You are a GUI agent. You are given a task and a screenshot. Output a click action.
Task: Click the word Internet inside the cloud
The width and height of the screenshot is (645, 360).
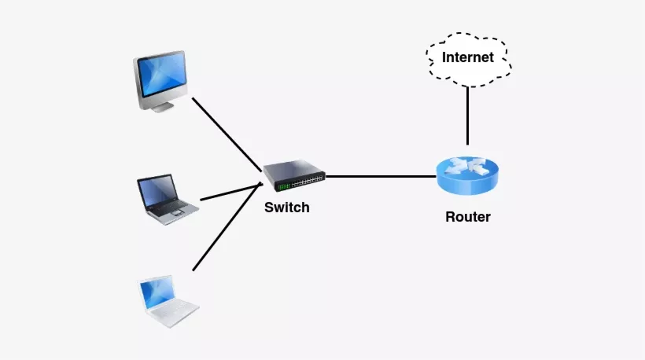pyautogui.click(x=468, y=57)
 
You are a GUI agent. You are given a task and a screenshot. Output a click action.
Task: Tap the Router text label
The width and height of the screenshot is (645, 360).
pyautogui.click(x=467, y=217)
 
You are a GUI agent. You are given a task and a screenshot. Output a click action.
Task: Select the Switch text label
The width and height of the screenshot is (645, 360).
pyautogui.click(x=287, y=208)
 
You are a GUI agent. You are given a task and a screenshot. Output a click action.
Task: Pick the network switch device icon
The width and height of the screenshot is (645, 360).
pyautogui.click(x=294, y=177)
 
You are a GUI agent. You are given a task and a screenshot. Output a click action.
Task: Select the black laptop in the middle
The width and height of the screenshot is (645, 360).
pyautogui.click(x=167, y=200)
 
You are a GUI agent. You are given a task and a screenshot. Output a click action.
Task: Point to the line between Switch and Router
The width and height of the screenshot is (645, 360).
pyautogui.click(x=381, y=176)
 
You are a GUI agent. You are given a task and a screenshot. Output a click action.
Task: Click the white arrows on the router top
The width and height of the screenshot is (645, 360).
pyautogui.click(x=467, y=166)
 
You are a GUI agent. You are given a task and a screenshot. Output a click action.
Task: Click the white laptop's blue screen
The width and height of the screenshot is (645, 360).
pyautogui.click(x=157, y=292)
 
